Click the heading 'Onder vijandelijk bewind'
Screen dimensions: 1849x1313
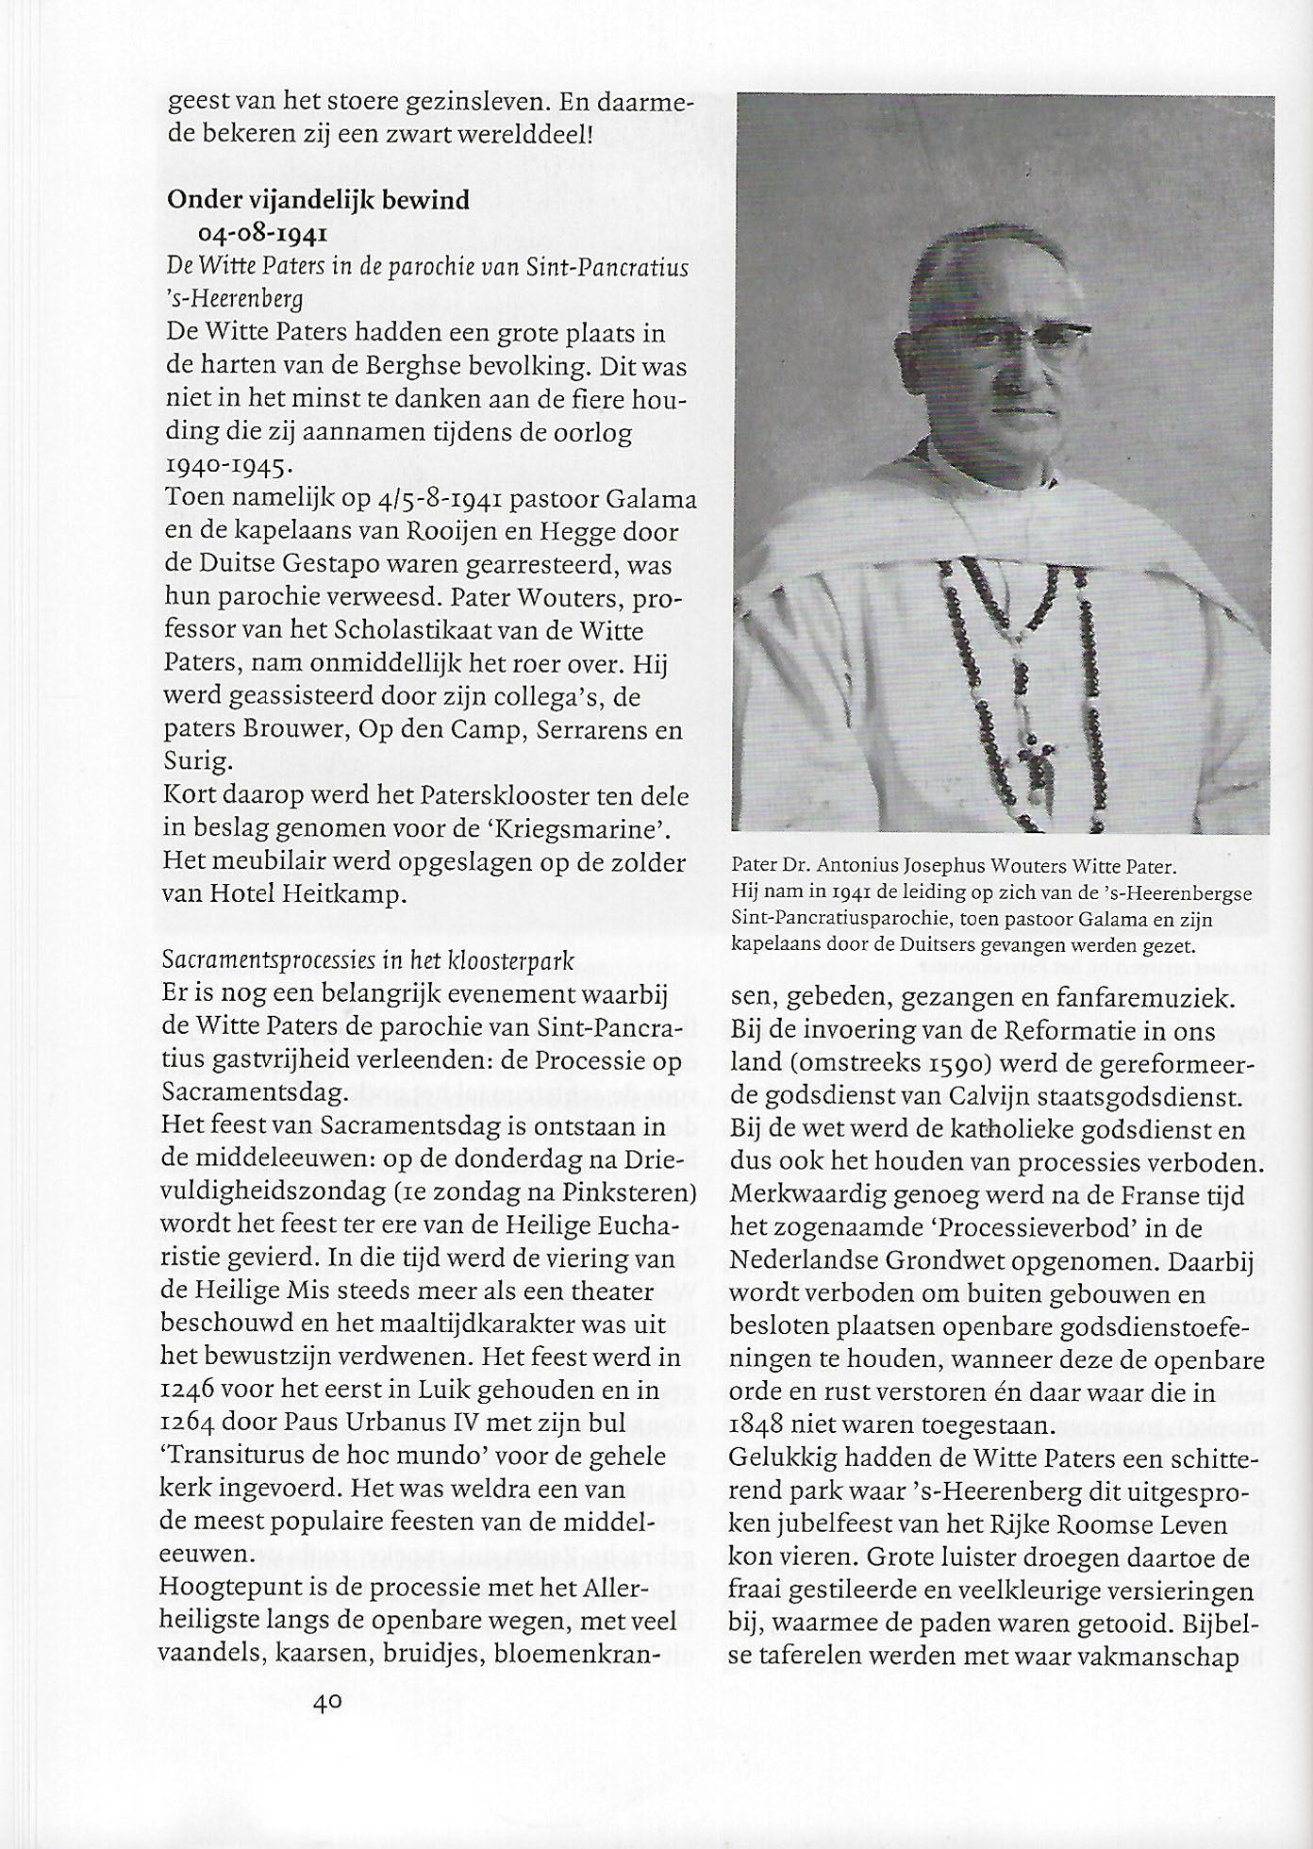[x=318, y=200]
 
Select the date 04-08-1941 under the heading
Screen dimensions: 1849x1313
[x=262, y=233]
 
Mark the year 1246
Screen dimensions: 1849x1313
[x=194, y=1391]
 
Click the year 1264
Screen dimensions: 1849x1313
[x=194, y=1423]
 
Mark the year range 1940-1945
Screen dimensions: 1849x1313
[x=229, y=464]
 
